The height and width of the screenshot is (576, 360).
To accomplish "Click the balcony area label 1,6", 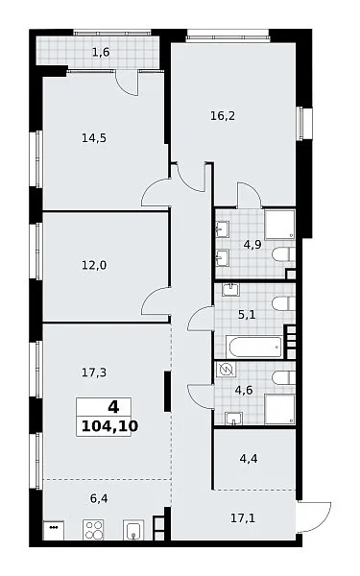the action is coord(101,53).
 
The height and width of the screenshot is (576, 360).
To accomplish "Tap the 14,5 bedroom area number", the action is coord(94,138).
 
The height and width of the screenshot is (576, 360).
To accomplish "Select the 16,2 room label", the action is coord(223,116).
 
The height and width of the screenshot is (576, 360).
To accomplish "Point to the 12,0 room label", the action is coord(94,265).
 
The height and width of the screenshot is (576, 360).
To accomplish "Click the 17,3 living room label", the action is coord(94,372).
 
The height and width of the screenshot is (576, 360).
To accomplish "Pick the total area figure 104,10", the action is coord(109,426).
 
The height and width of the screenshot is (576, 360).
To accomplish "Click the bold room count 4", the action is coord(113,407).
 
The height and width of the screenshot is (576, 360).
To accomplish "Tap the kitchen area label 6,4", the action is coord(99,498).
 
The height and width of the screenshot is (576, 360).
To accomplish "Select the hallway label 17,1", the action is coord(243,518).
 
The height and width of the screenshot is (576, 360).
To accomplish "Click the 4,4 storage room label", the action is coord(249,459).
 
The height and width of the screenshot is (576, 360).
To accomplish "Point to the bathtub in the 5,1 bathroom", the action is coord(253,347).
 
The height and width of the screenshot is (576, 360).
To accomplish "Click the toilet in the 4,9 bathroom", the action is coord(283,254).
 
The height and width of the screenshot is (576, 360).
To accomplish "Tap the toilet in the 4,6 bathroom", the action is coord(283,377).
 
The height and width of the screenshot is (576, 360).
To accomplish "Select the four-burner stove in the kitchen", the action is coord(93,530).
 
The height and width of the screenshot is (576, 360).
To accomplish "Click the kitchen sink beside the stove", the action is coord(133,530).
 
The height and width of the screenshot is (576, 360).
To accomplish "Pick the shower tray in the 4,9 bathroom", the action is coord(280,225).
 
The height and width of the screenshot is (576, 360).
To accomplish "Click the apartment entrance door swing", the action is coord(316,516).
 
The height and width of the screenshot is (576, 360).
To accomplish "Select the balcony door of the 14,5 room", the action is coord(127,84).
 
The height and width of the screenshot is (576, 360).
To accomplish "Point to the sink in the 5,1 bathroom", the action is coord(230,290).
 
